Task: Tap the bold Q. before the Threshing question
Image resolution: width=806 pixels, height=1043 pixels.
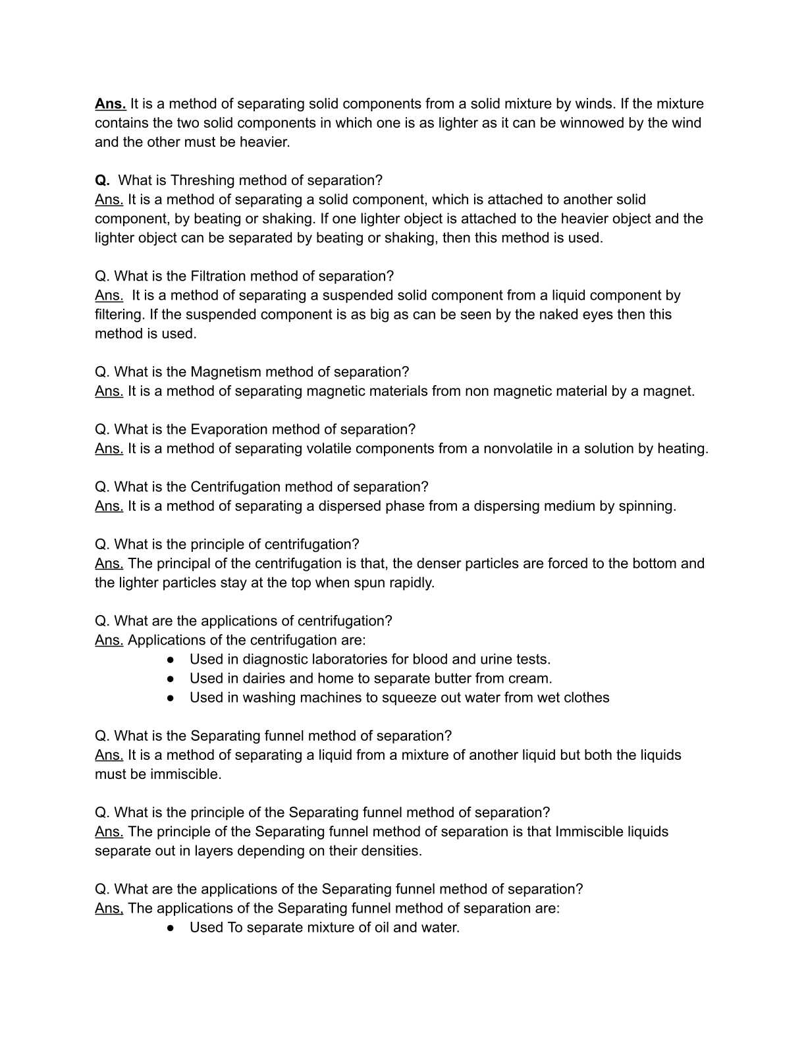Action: pos(102,180)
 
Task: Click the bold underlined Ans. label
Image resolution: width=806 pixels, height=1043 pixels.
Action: pos(110,104)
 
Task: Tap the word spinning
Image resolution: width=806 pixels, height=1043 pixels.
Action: pos(647,506)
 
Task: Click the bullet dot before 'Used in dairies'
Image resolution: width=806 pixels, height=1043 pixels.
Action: pos(171,679)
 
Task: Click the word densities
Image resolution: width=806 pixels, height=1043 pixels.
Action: pos(392,851)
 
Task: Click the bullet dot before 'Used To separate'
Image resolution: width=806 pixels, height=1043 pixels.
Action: pos(171,928)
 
